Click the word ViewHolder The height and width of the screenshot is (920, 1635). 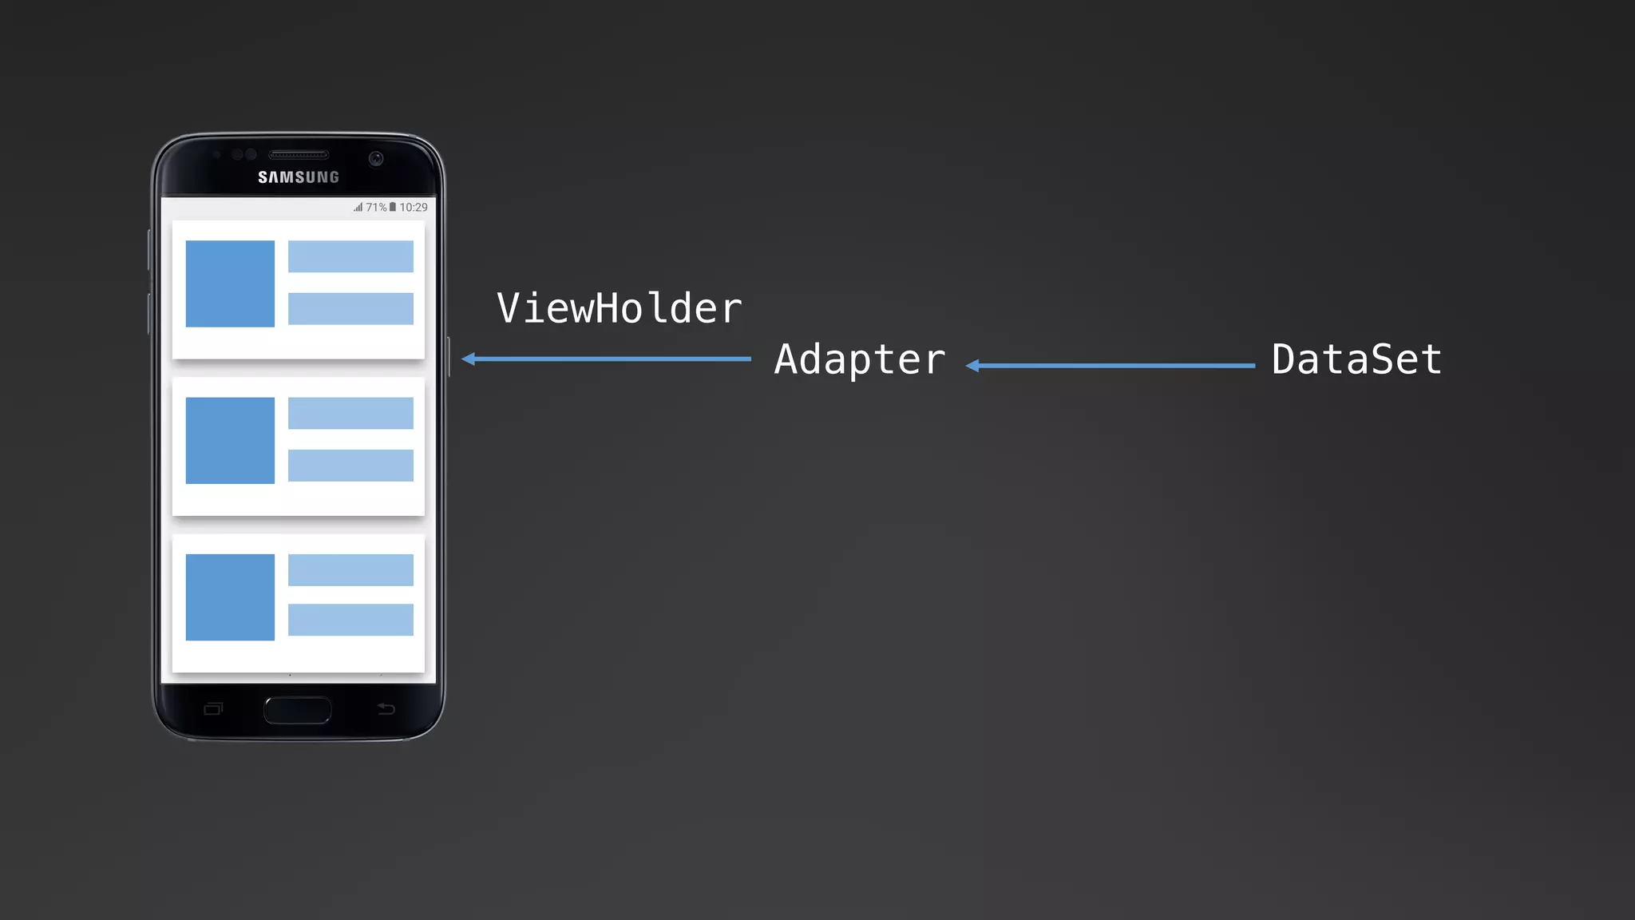(x=619, y=308)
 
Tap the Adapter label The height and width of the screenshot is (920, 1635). (x=859, y=359)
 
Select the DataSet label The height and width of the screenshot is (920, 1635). (x=1356, y=359)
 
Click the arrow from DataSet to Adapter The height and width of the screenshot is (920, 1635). (x=1110, y=366)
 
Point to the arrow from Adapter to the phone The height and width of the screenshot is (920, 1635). (x=607, y=359)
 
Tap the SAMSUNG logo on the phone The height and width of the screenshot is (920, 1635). (x=299, y=177)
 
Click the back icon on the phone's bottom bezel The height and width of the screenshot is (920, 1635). (x=386, y=708)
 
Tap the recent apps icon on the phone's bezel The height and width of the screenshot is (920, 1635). (x=213, y=708)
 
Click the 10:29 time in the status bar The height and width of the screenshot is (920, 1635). (x=414, y=208)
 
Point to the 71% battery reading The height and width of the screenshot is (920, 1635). (x=376, y=208)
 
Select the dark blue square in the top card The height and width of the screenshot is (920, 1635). (x=230, y=284)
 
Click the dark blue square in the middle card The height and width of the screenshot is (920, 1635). (x=230, y=440)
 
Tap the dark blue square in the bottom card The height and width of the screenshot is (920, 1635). (x=230, y=597)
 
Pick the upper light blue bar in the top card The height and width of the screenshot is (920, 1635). (x=350, y=256)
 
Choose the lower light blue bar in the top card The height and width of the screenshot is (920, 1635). (x=350, y=308)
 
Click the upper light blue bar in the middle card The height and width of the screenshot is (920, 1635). (x=350, y=413)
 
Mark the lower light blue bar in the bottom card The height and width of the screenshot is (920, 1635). (x=350, y=620)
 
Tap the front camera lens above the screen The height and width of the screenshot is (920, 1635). (x=376, y=158)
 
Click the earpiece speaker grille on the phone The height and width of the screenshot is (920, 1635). (x=299, y=154)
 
